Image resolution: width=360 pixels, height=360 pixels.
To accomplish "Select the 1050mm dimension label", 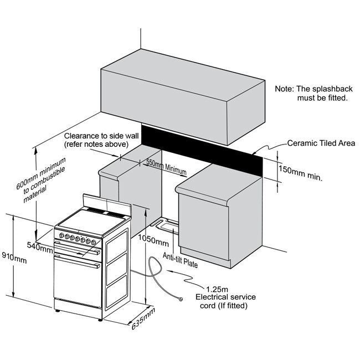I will (x=154, y=242).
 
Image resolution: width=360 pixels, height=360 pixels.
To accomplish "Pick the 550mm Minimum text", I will (x=165, y=167).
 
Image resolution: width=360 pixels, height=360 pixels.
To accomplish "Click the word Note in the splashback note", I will (x=285, y=89).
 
